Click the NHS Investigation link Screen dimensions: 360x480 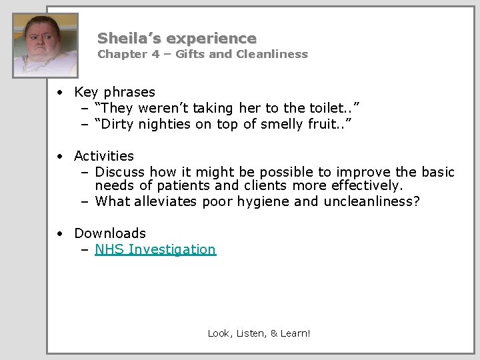tap(155, 249)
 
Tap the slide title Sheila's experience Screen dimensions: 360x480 tap(177, 38)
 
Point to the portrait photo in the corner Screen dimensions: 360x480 tap(45, 45)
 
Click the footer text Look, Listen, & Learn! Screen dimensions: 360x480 tap(259, 333)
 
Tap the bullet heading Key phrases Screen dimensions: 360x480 tap(115, 92)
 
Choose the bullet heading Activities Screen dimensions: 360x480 tap(104, 156)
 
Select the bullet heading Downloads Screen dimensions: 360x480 tap(110, 233)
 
